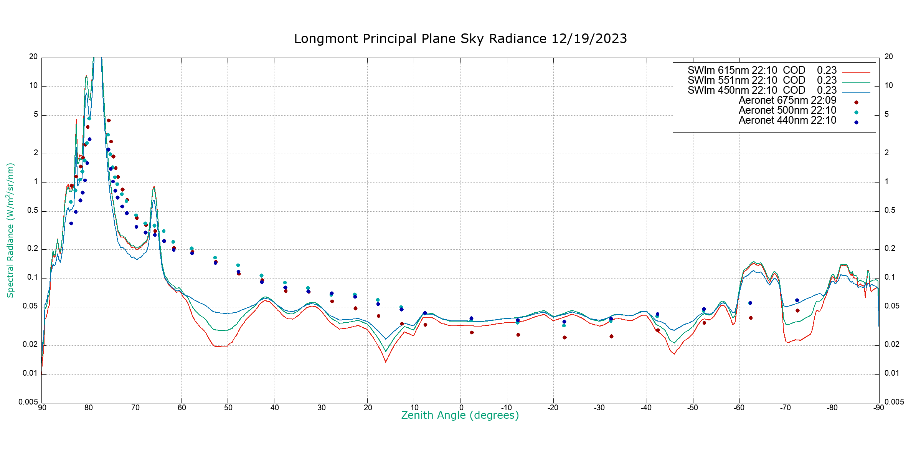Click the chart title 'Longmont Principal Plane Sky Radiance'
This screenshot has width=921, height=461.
pyautogui.click(x=460, y=39)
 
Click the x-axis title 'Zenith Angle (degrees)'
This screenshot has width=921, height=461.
pyautogui.click(x=460, y=415)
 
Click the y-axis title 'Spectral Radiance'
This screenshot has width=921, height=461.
pyautogui.click(x=10, y=230)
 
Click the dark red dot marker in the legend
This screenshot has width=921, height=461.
pyautogui.click(x=856, y=103)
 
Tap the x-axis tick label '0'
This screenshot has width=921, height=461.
pyautogui.click(x=461, y=408)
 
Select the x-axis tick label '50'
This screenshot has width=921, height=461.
pyautogui.click(x=228, y=408)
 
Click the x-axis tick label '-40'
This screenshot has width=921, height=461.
pyautogui.click(x=646, y=408)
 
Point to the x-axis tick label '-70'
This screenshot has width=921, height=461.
pyautogui.click(x=786, y=408)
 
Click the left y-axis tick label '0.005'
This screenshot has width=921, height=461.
pyautogui.click(x=28, y=402)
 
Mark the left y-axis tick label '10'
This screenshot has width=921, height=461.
pyautogui.click(x=33, y=86)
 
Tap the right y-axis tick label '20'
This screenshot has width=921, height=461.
pyautogui.click(x=889, y=57)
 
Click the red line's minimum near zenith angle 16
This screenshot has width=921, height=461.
pyautogui.click(x=386, y=362)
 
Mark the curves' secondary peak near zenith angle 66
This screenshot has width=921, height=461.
pyautogui.click(x=154, y=187)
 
